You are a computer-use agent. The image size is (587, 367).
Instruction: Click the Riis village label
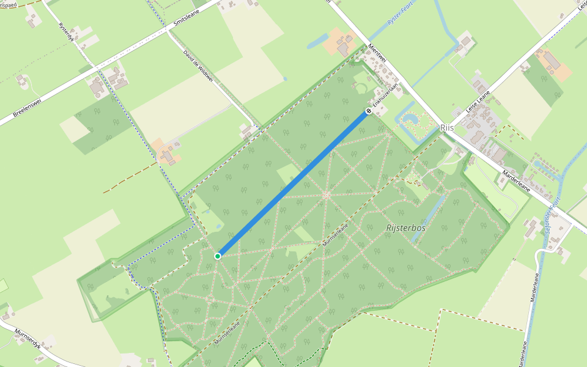point(447,128)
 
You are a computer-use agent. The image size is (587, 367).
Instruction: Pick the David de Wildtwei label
point(198,66)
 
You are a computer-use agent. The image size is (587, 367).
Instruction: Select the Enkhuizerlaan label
point(386,95)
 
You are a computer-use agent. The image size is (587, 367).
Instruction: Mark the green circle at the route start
point(218,256)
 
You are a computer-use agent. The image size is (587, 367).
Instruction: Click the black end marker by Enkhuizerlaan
point(368,111)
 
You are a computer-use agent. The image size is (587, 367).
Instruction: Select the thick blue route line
point(293,183)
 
